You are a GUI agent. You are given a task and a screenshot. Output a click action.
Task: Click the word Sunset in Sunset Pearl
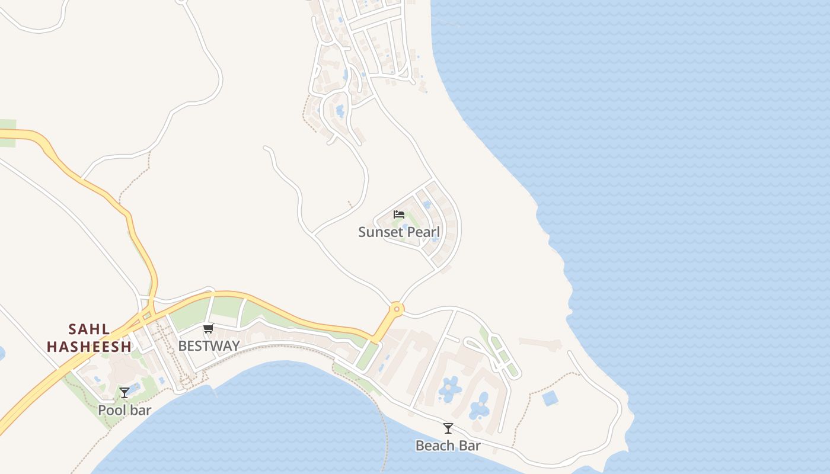point(378,232)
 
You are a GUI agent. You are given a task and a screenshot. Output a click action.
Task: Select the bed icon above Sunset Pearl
point(399,214)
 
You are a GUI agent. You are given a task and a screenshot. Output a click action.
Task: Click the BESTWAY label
point(209,346)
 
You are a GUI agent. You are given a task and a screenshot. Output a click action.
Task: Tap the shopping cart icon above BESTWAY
point(208,329)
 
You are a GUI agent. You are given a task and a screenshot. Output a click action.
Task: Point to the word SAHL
point(89,329)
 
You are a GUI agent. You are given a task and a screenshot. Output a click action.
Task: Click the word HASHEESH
point(89,347)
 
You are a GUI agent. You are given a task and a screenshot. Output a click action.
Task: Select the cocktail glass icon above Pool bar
point(124,393)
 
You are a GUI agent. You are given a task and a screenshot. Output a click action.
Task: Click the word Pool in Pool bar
point(110,410)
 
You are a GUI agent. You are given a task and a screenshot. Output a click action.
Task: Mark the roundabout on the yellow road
point(396,309)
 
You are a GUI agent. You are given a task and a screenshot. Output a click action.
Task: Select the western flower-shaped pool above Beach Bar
point(450,387)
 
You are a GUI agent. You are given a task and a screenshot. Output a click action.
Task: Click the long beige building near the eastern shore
point(539,344)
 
